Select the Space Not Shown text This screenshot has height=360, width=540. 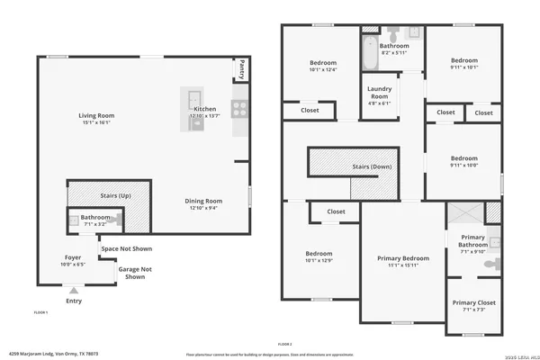coord(127,248)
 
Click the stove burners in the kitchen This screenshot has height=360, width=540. coord(240,109)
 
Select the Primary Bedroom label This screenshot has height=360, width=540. coord(402,258)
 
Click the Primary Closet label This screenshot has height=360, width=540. coord(473,302)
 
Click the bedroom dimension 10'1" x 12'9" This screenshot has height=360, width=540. coord(319,261)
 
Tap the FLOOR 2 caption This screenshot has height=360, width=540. coord(285,344)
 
